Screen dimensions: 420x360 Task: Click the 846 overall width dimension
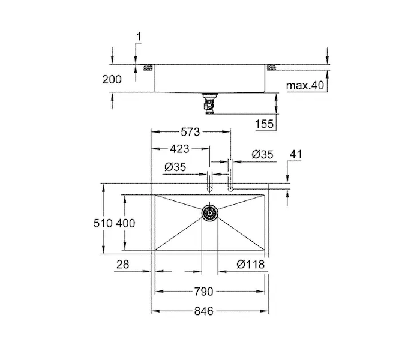tap(204, 311)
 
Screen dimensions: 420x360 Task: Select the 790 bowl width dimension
tap(204, 292)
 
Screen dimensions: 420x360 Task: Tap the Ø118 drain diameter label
tap(251, 265)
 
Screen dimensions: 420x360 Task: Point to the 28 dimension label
tap(122, 265)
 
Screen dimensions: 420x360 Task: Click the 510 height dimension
tap(103, 223)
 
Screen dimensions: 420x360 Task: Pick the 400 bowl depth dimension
tap(125, 223)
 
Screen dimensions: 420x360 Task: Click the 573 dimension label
tap(190, 132)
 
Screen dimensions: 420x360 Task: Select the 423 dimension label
tap(179, 149)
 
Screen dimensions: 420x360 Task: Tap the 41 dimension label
tap(296, 154)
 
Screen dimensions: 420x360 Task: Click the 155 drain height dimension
tap(265, 124)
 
